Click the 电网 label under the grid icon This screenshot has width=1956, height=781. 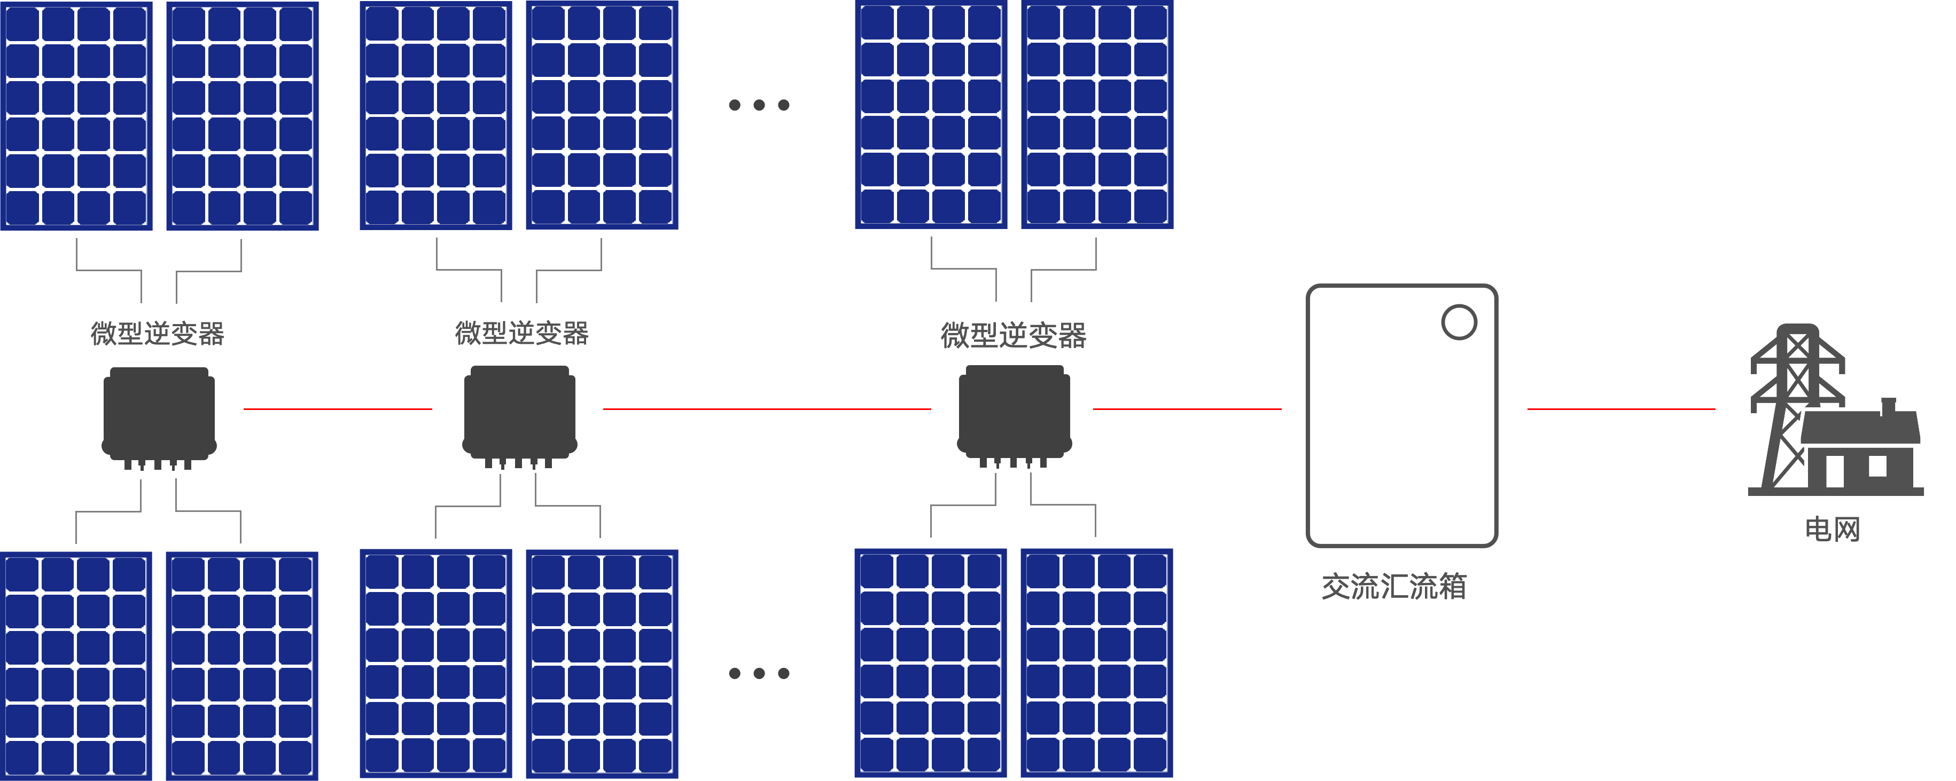pyautogui.click(x=1832, y=529)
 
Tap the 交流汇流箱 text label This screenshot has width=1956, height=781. pyautogui.click(x=1394, y=587)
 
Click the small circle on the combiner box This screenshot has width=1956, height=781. pyautogui.click(x=1459, y=322)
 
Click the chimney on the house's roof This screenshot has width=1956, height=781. pyautogui.click(x=1889, y=407)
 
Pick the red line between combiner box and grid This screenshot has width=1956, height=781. pyautogui.click(x=1621, y=409)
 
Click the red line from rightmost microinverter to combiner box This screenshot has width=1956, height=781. pyautogui.click(x=1187, y=409)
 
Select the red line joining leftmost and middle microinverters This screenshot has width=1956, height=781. pyautogui.click(x=338, y=409)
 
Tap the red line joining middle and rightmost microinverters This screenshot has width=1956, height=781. pyautogui.click(x=767, y=409)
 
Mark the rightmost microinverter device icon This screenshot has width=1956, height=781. pyautogui.click(x=1015, y=414)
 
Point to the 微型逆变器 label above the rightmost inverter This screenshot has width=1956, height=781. pyautogui.click(x=1014, y=335)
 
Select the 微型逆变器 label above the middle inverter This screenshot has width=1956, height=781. pyautogui.click(x=521, y=333)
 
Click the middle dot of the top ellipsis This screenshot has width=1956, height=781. pyautogui.click(x=759, y=106)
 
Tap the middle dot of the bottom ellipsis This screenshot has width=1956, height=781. pyautogui.click(x=759, y=673)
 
